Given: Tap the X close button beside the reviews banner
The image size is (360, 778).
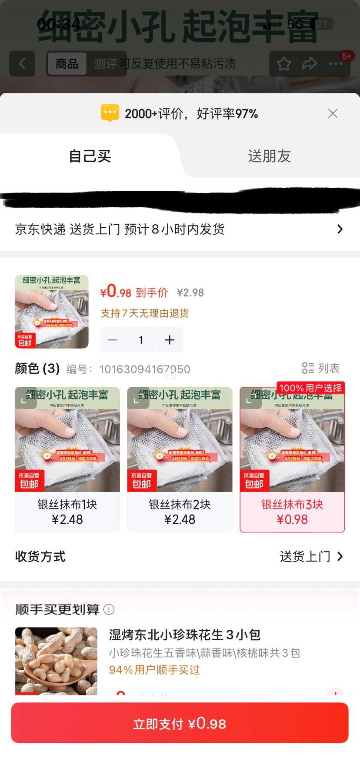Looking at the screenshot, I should [x=333, y=113].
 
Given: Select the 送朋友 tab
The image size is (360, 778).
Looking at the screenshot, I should [x=269, y=156].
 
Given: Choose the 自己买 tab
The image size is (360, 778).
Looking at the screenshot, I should [x=90, y=156].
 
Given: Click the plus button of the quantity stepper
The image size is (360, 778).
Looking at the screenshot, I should [x=170, y=340].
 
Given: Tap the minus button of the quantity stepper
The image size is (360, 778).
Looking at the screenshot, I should [x=113, y=340].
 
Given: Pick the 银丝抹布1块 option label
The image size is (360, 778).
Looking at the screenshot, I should [x=67, y=505].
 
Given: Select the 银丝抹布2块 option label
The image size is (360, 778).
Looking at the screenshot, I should [x=180, y=505].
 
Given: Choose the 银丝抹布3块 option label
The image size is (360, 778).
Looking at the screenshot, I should [x=292, y=505].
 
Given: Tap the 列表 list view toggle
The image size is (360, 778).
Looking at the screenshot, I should [x=321, y=368].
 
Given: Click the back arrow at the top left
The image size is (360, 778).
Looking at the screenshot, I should [x=22, y=64].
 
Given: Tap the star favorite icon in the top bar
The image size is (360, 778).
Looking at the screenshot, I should [x=284, y=64].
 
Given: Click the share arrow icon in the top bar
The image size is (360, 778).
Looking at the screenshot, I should [x=310, y=64].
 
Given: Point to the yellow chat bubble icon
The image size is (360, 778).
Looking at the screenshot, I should [x=110, y=113].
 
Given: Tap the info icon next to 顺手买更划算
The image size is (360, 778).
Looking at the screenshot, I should [x=109, y=609].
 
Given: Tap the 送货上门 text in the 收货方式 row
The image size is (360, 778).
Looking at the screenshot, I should [x=305, y=556].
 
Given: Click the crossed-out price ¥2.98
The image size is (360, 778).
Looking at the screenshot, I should [x=190, y=293].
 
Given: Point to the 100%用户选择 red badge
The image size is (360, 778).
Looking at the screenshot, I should [x=310, y=388].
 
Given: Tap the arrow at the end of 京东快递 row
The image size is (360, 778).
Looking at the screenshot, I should [x=340, y=229].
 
